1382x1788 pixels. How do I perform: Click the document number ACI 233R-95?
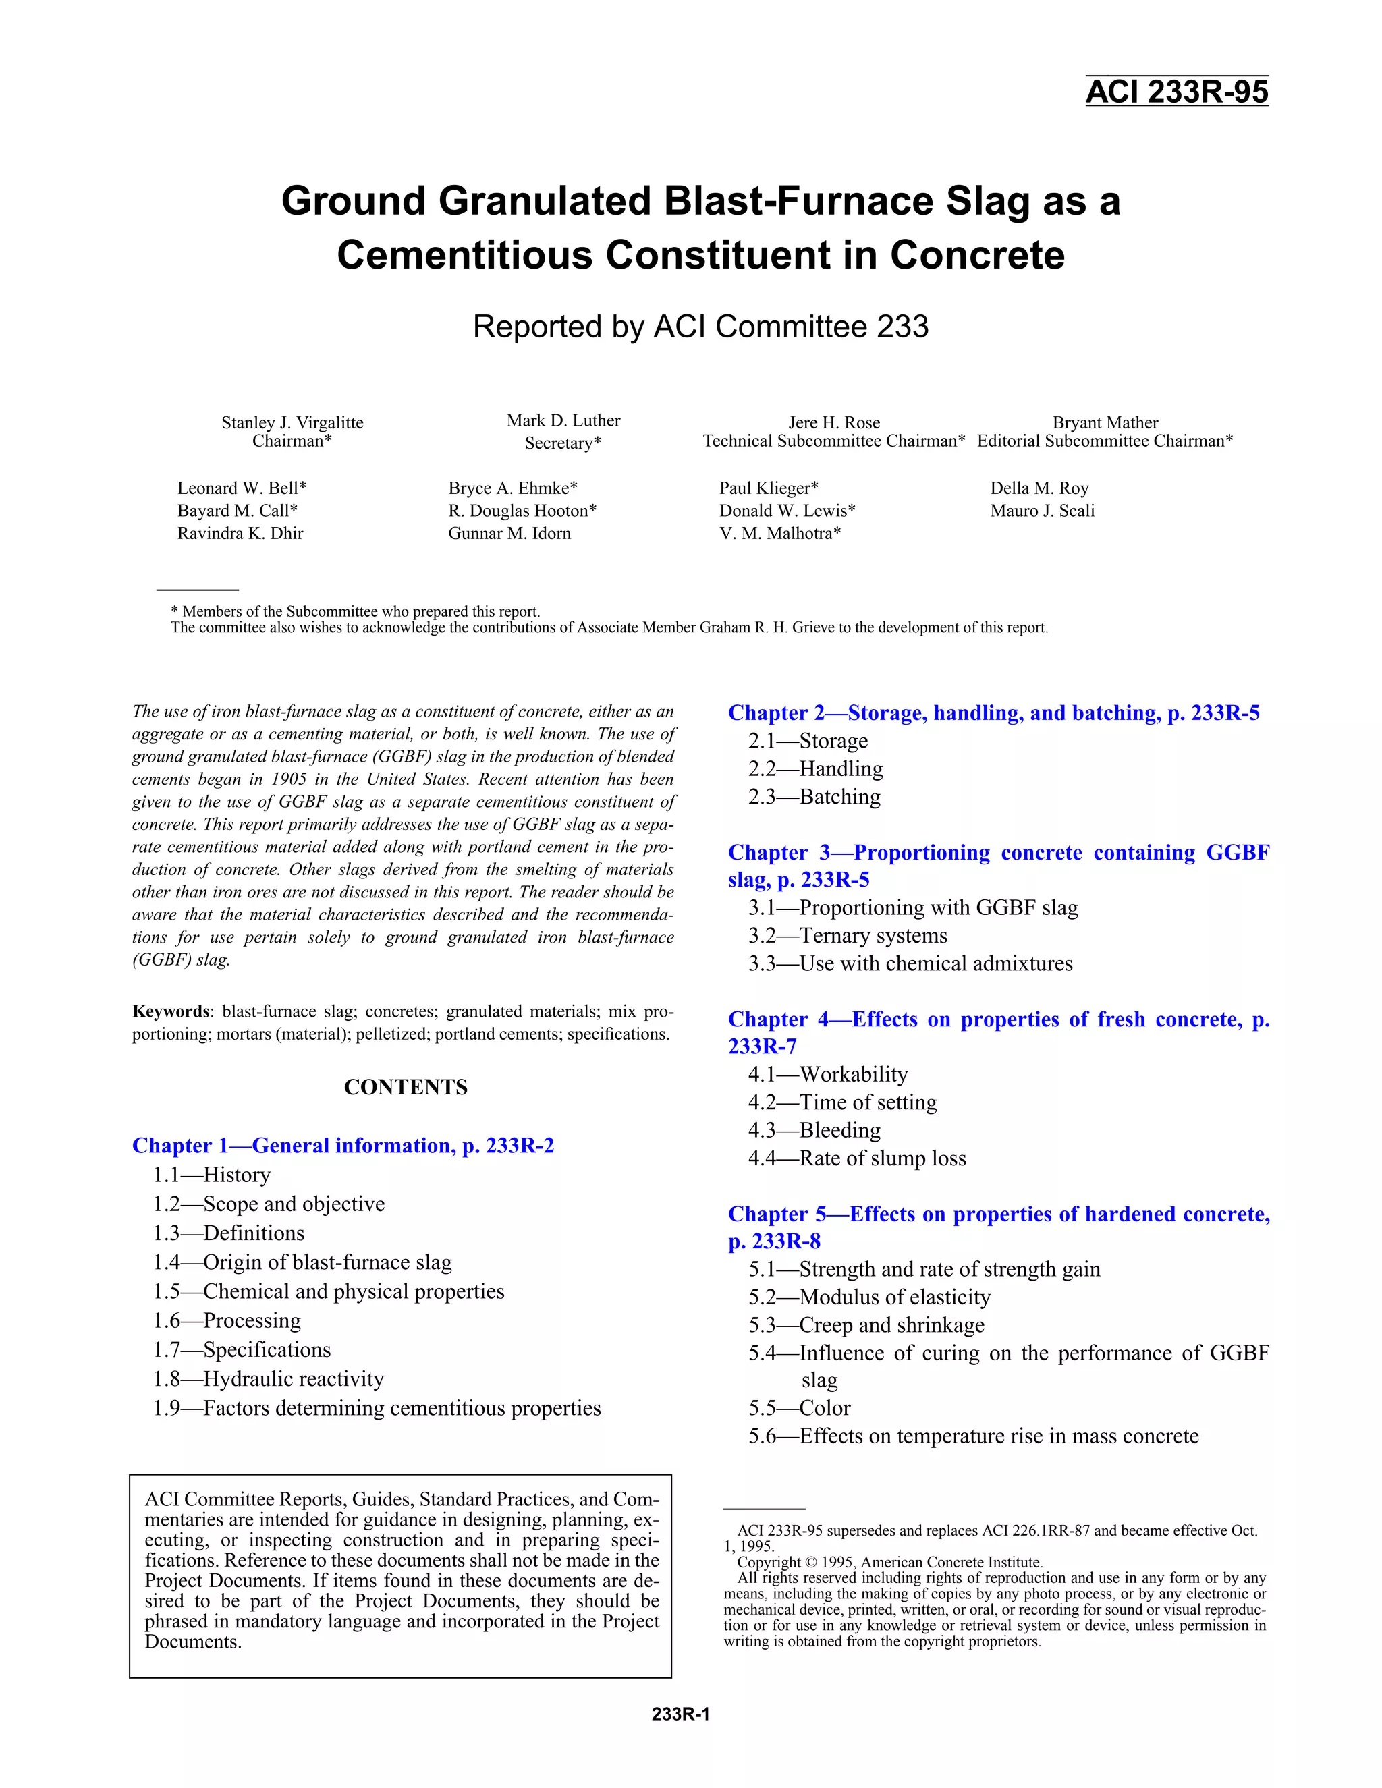click(1176, 92)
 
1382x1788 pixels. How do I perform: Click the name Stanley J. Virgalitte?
click(292, 422)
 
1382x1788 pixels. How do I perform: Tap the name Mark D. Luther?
click(563, 421)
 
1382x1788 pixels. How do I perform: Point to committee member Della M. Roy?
click(1039, 488)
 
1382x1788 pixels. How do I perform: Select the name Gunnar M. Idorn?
click(509, 534)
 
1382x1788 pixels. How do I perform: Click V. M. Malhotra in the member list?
click(779, 534)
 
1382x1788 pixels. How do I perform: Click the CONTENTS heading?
click(406, 1087)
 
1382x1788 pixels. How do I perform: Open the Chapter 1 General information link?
click(343, 1146)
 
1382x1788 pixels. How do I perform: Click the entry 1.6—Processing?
click(227, 1320)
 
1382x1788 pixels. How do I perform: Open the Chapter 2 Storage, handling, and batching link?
click(993, 713)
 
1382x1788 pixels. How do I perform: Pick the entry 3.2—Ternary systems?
click(848, 936)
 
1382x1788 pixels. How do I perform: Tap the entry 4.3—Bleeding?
click(814, 1131)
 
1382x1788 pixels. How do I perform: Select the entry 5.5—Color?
click(799, 1408)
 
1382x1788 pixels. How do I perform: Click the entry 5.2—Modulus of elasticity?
click(868, 1297)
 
